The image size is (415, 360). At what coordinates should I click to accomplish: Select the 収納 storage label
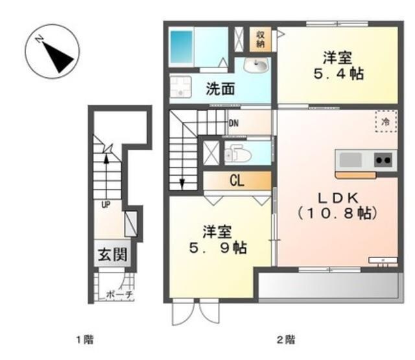pyautogui.click(x=260, y=39)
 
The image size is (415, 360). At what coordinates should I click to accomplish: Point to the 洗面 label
pyautogui.click(x=220, y=90)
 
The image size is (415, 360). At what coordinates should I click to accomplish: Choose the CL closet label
pyautogui.click(x=236, y=181)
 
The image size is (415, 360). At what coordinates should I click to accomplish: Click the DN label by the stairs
pyautogui.click(x=234, y=122)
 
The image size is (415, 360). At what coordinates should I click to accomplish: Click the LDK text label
pyautogui.click(x=337, y=197)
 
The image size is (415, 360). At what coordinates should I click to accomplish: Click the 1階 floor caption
pyautogui.click(x=85, y=339)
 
